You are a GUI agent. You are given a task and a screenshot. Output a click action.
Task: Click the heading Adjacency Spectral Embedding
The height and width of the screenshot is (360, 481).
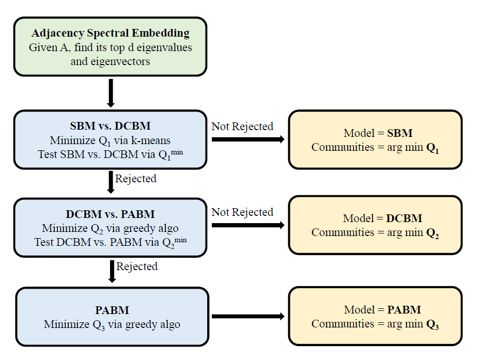(110, 34)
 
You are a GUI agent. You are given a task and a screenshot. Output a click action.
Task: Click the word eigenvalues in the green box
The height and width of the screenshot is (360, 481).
(164, 48)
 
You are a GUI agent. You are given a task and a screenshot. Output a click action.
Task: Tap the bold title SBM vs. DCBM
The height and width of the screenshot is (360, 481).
(110, 126)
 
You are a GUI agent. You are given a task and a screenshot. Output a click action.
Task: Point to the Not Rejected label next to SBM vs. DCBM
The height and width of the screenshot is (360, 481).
(242, 127)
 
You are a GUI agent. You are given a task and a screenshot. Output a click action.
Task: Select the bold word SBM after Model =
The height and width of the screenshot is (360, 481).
(400, 133)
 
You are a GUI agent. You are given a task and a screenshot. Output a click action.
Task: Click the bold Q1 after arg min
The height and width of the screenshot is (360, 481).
(432, 148)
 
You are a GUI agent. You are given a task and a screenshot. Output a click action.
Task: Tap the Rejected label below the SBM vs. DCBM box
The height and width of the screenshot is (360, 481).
(136, 179)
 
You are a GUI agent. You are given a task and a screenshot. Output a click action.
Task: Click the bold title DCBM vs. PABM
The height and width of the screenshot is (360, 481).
(110, 214)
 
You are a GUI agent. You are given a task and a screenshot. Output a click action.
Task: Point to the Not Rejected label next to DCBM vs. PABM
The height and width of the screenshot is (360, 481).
(242, 212)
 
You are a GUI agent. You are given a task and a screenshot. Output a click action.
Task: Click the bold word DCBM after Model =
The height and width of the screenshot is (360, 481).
(404, 218)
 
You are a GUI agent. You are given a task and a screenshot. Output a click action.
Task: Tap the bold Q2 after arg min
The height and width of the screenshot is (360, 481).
(432, 233)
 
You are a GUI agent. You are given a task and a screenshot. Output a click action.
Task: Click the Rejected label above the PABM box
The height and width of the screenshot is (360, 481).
(137, 267)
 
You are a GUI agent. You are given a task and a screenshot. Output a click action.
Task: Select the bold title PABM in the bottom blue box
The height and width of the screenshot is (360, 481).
(112, 310)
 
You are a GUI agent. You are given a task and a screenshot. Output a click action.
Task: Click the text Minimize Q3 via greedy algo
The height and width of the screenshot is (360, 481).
(112, 325)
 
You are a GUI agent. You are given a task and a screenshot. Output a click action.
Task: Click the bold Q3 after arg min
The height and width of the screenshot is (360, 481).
(432, 324)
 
